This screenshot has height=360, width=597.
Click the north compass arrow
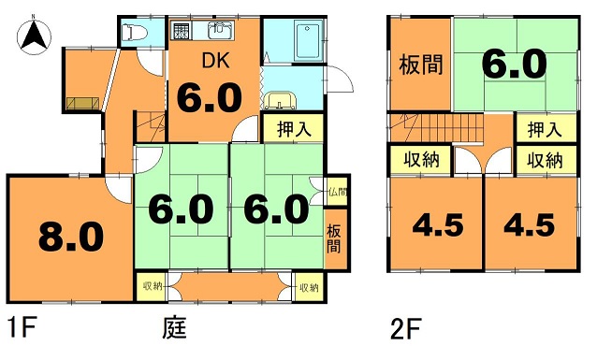point(34,37)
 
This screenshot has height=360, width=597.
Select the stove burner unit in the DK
point(182,31)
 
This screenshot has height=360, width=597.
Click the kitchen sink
point(220,31)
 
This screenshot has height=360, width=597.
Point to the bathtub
point(310,41)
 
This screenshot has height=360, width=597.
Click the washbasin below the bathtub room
point(281,100)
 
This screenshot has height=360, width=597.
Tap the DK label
point(215,61)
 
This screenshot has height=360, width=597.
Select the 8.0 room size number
point(71,237)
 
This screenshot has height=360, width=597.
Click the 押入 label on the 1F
point(294,129)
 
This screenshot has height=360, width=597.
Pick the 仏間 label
point(338,192)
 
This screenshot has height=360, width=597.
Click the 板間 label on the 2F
point(421,65)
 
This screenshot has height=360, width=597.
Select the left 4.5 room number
point(438,225)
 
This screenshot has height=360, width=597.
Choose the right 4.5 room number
point(530,225)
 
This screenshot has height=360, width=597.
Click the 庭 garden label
point(175,328)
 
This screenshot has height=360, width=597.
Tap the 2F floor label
point(406,329)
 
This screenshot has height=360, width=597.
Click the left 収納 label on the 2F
point(421,160)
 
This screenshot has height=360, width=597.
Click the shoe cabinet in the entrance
point(82,104)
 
